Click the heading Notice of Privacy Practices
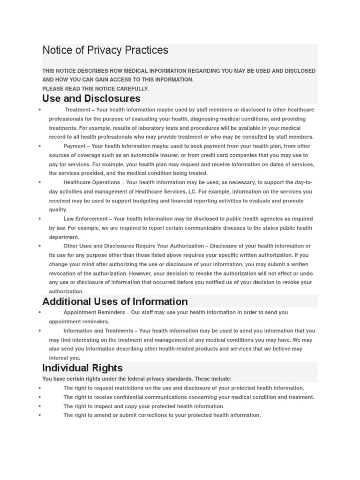[105, 50]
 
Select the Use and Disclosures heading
[91, 98]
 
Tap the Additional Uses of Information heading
[115, 301]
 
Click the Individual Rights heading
[82, 368]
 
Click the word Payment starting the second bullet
[74, 146]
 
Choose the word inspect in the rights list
[104, 406]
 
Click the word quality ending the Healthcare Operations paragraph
[58, 210]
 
